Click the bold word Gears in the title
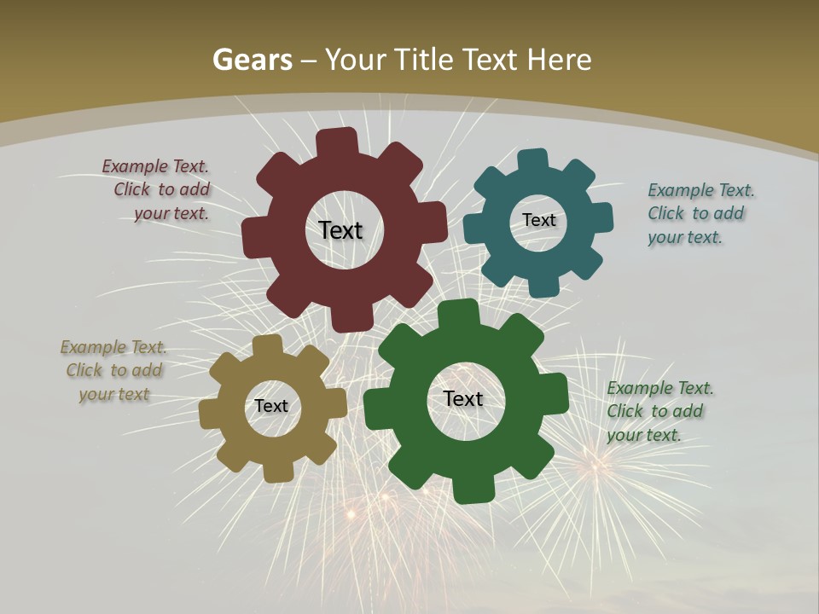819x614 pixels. tap(253, 60)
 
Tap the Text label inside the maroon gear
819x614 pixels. tap(340, 230)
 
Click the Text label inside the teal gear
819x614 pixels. tap(538, 220)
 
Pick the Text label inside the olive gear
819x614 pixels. tap(271, 406)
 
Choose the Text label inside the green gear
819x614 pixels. tap(463, 398)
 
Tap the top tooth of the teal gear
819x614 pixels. tap(533, 160)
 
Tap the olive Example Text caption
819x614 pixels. tap(114, 370)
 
